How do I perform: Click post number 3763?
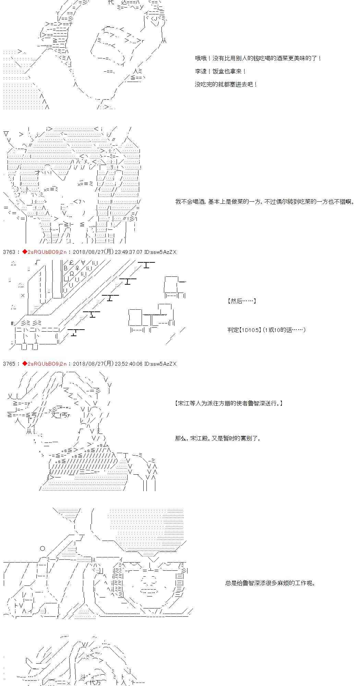point(9,252)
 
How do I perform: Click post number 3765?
point(9,364)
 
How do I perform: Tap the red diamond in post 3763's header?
point(24,252)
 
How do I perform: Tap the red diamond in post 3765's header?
point(24,364)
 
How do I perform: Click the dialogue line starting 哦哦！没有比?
point(258,59)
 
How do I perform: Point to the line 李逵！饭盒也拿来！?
point(220,72)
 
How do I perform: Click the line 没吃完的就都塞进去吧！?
point(226,84)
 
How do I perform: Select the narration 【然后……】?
point(241,301)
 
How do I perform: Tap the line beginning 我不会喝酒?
point(265,202)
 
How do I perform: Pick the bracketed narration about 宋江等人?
point(229,404)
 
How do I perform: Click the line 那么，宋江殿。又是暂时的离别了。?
point(218,438)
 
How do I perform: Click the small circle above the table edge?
point(43,548)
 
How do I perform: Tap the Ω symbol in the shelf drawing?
point(72,274)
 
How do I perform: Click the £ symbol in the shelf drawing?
point(71,263)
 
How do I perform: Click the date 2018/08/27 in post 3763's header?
point(87,252)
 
